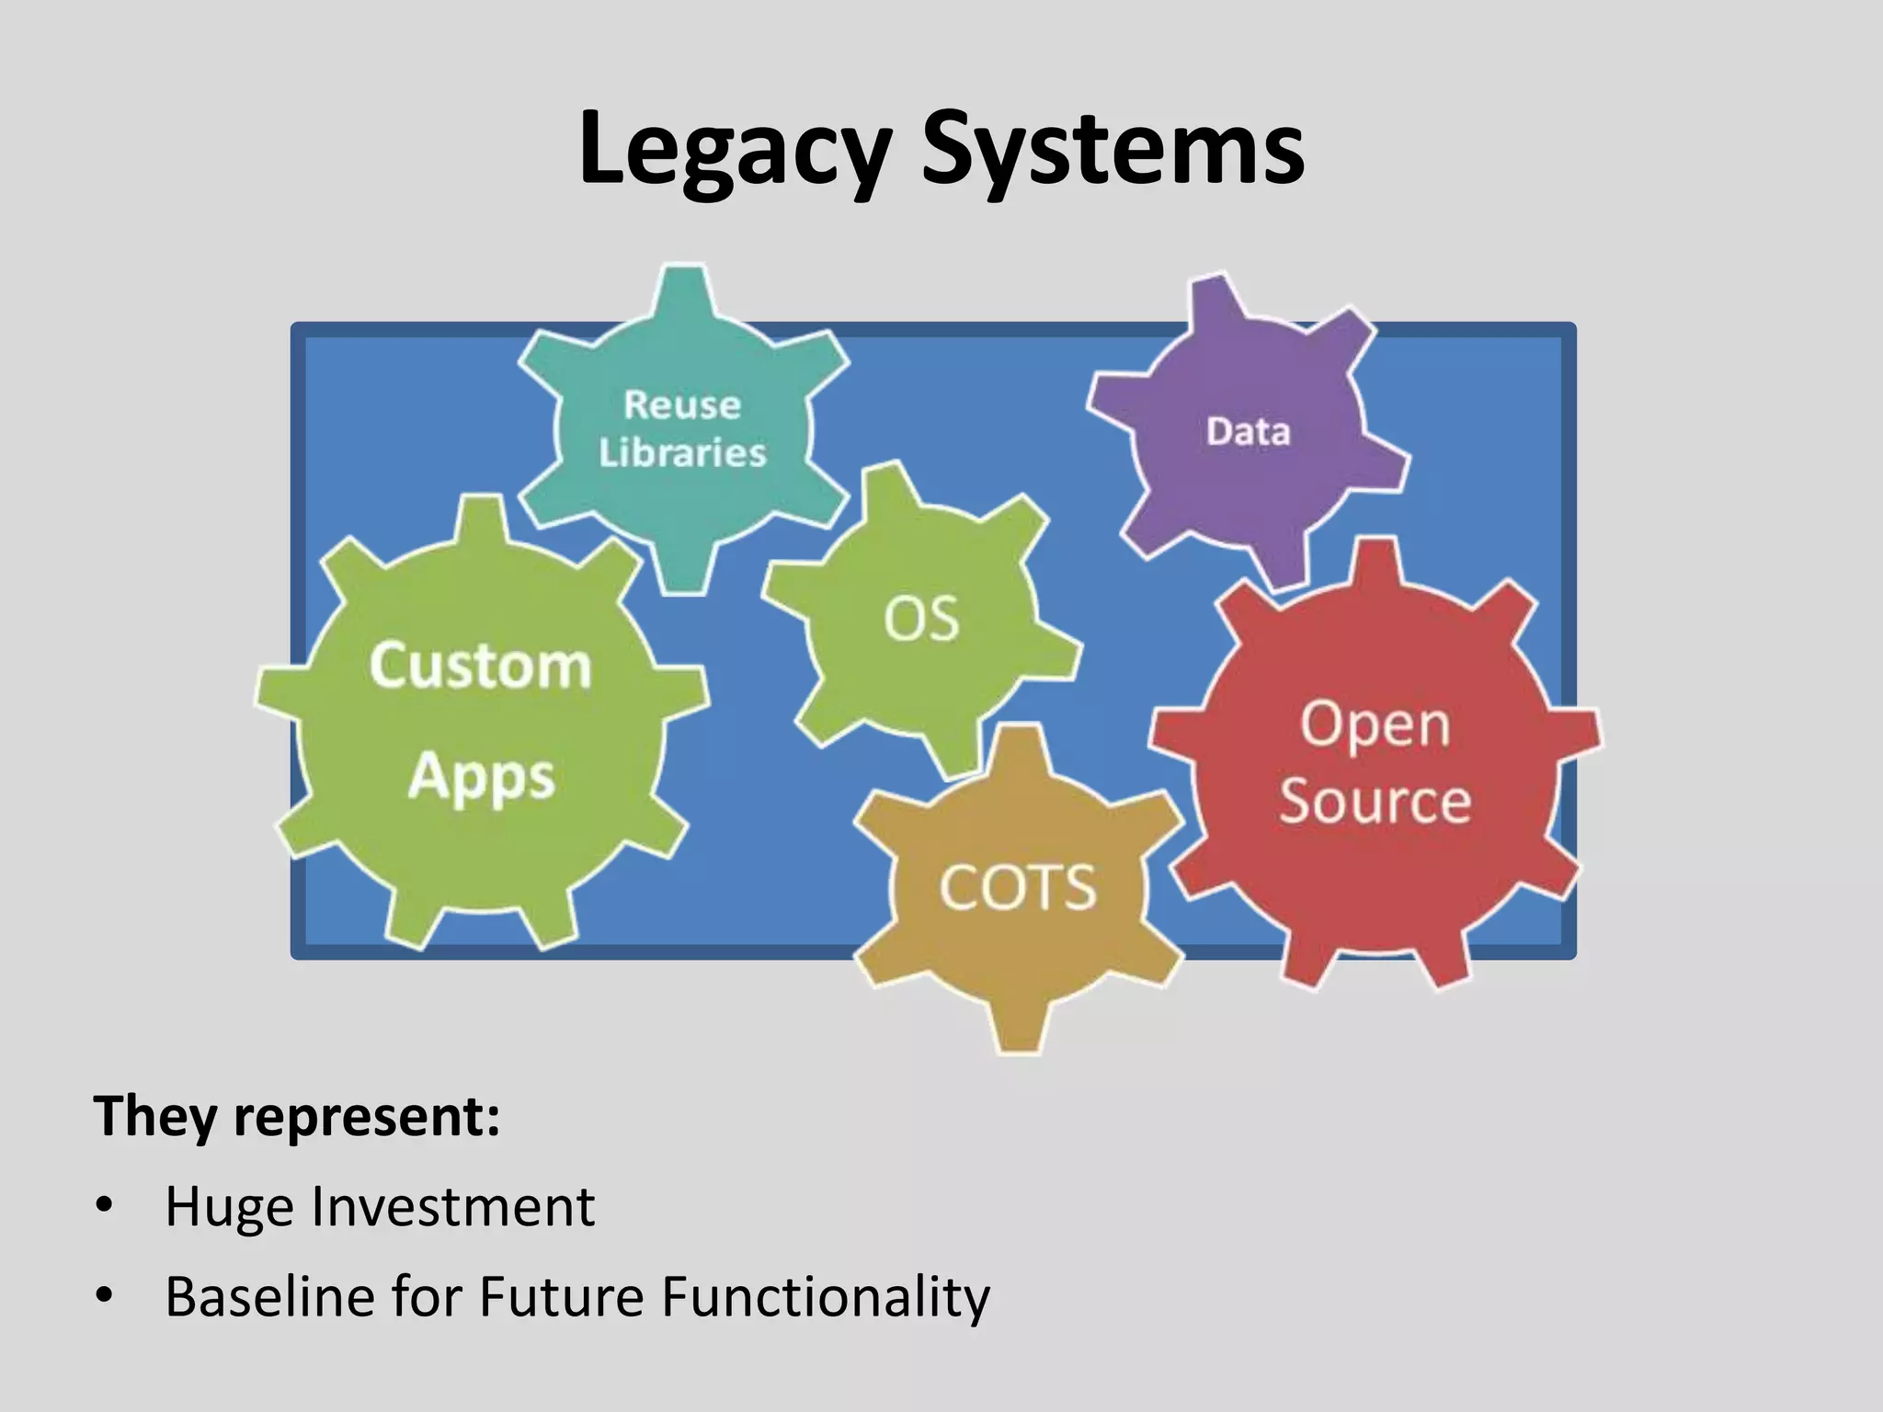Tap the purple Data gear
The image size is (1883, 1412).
[x=1248, y=431]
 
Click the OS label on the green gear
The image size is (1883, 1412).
[x=921, y=619]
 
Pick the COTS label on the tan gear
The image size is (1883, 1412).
[x=1018, y=888]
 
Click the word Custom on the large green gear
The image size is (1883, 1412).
[x=480, y=666]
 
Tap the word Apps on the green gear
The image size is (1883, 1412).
[x=482, y=778]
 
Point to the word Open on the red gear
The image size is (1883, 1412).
[x=1375, y=724]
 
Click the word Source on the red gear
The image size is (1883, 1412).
[x=1375, y=800]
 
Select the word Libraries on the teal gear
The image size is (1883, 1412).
[x=682, y=452]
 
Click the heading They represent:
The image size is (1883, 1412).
[x=296, y=1116]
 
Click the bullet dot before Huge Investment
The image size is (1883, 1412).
[x=104, y=1204]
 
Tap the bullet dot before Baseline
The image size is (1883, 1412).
[x=104, y=1294]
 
